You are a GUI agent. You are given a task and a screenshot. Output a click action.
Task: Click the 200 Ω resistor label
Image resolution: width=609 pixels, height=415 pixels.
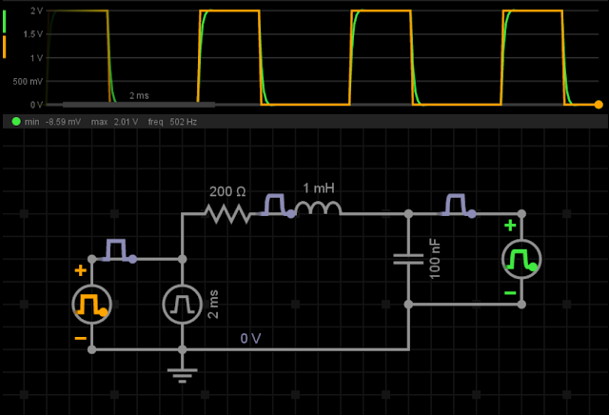point(227,191)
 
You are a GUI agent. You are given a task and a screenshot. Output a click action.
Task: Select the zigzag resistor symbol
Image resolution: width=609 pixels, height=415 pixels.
point(228,214)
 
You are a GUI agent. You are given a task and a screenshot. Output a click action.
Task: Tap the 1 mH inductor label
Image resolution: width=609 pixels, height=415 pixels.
point(319,188)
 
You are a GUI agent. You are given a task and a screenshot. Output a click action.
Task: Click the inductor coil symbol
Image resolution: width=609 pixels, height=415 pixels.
point(318,208)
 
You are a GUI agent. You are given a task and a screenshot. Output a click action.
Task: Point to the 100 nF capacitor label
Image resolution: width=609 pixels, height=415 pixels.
point(435,259)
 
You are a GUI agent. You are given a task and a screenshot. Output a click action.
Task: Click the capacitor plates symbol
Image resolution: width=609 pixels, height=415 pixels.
point(408,259)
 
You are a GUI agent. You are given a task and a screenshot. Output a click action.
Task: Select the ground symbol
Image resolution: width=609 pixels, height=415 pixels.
point(182,375)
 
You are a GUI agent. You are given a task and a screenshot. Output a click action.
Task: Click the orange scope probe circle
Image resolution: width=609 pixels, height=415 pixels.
point(91,305)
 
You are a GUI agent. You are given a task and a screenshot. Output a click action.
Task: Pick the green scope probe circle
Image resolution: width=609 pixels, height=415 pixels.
point(521,259)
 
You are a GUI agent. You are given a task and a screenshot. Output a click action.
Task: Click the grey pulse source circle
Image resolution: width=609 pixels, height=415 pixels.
point(182,305)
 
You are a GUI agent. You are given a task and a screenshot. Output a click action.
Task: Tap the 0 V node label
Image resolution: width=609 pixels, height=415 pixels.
point(250,339)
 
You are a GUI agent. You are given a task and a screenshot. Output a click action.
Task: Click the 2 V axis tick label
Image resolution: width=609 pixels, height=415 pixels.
point(36,10)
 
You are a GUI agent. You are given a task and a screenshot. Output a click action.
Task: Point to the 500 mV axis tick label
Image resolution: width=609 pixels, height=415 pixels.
point(28,82)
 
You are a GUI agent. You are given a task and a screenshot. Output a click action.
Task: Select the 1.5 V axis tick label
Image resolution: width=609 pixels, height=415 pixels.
point(33,34)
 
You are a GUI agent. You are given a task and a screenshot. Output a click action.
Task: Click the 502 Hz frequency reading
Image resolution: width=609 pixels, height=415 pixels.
point(184,122)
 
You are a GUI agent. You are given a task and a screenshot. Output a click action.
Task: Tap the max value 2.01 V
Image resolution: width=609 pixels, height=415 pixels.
point(126,122)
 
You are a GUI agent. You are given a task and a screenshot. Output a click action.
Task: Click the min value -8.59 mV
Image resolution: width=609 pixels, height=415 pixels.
point(63,122)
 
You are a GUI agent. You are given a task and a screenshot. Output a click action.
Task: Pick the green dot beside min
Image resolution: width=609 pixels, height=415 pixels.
point(16,122)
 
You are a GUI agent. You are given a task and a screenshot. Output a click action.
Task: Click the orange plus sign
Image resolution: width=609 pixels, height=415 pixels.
point(80,270)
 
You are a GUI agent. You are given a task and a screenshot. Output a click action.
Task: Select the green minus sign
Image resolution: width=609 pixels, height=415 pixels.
point(510,293)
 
